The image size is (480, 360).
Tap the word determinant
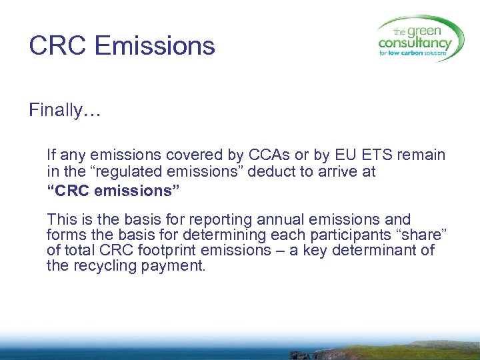381,250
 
